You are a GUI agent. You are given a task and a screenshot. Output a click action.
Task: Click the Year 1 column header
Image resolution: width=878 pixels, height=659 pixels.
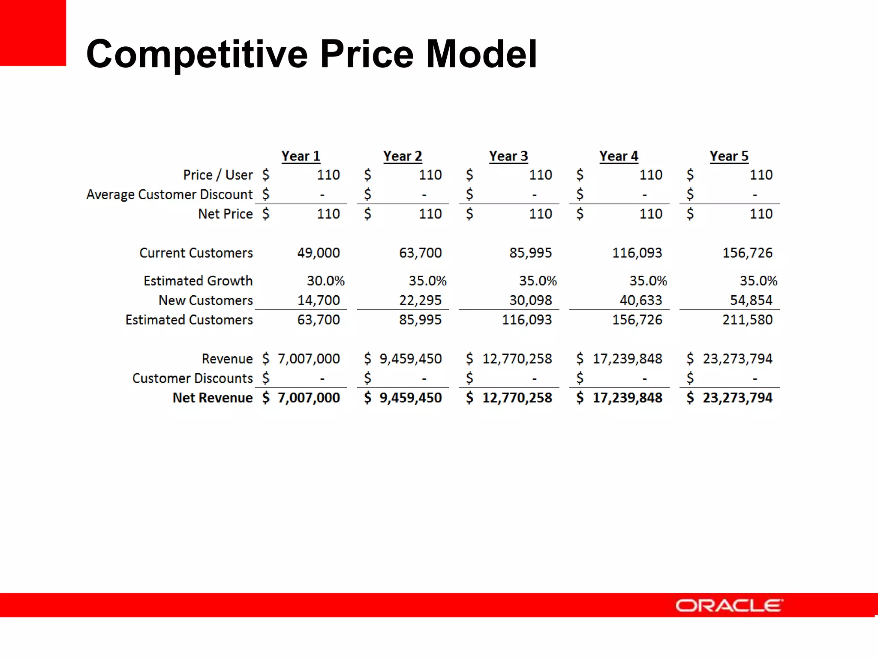(x=301, y=156)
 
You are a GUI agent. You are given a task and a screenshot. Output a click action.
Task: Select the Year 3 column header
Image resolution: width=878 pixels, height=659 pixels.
(x=508, y=156)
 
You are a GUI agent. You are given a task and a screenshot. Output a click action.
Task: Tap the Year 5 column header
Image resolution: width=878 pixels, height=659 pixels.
(x=729, y=156)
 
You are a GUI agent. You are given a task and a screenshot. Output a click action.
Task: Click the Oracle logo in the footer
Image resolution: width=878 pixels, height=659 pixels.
(x=729, y=605)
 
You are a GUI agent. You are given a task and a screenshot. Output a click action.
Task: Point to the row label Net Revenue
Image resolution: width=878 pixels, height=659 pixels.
(x=213, y=398)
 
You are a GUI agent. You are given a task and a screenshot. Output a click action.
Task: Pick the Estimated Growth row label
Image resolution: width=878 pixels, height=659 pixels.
(x=198, y=281)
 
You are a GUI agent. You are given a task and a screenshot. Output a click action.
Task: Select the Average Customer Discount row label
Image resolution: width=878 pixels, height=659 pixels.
(x=169, y=194)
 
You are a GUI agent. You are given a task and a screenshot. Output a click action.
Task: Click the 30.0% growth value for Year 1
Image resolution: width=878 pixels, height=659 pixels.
(x=325, y=281)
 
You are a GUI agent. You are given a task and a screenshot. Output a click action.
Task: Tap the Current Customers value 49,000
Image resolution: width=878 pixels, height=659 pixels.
(x=318, y=253)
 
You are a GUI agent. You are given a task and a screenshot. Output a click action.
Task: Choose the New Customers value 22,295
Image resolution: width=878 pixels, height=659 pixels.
(x=420, y=300)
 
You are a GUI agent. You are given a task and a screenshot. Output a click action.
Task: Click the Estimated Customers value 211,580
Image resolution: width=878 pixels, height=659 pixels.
(x=747, y=320)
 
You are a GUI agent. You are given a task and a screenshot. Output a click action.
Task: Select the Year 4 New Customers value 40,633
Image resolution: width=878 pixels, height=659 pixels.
(x=640, y=300)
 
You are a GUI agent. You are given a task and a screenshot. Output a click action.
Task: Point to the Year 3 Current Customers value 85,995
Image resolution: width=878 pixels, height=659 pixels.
(x=530, y=253)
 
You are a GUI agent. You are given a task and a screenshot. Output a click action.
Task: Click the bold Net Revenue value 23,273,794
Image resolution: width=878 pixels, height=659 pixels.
(x=737, y=398)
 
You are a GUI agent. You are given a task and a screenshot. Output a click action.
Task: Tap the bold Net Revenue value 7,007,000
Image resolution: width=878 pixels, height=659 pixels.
(x=309, y=398)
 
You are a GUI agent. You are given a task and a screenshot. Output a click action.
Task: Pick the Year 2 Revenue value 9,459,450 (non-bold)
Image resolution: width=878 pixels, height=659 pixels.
(x=410, y=359)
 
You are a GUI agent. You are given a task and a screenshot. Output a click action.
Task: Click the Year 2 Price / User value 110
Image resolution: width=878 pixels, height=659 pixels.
(x=430, y=175)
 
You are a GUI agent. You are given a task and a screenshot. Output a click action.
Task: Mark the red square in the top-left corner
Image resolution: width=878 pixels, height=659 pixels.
(x=33, y=33)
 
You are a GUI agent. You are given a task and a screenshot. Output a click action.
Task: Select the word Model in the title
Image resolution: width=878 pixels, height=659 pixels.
(x=481, y=54)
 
